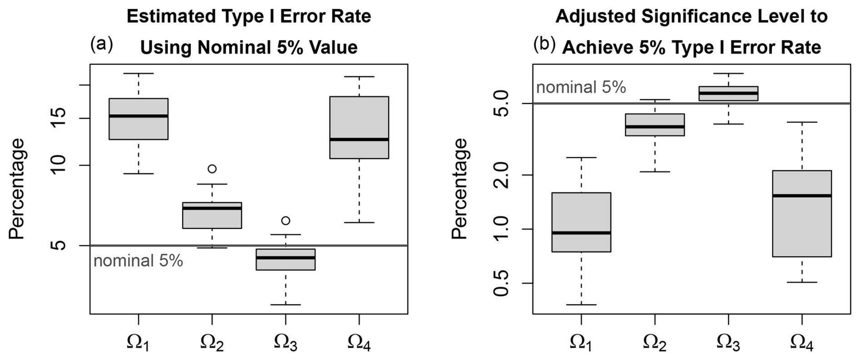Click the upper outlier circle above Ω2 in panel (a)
pos(212,169)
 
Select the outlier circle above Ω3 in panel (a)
pos(285,220)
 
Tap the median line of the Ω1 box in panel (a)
pos(139,116)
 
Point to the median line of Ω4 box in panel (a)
pos(359,139)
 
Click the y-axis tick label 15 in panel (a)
pos(59,119)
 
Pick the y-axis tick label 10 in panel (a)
pos(59,165)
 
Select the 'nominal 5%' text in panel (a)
pos(138,261)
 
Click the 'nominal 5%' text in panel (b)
pos(581,87)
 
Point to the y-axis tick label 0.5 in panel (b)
pos(502,283)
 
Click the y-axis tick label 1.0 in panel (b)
pos(502,229)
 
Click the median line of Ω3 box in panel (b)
pos(728,93)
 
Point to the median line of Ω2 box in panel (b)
pos(655,126)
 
